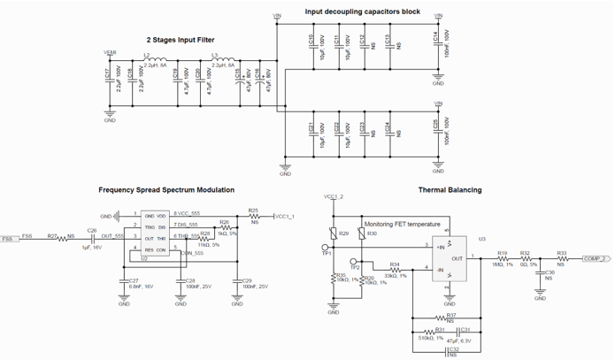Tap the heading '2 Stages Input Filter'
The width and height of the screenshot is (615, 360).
tap(181, 40)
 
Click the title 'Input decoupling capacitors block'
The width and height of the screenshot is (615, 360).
tap(362, 11)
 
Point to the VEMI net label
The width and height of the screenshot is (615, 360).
tap(110, 52)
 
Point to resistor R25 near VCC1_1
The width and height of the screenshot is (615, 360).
tap(253, 216)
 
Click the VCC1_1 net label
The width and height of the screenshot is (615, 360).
tap(284, 216)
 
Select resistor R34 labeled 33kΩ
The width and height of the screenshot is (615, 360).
tap(395, 270)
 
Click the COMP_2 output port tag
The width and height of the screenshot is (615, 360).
tap(593, 259)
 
